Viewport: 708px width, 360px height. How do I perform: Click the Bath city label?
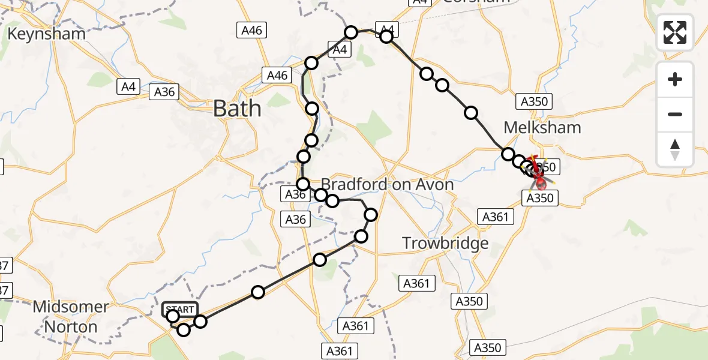238,109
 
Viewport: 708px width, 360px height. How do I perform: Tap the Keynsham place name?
46,34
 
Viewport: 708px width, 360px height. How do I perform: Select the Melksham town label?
542,127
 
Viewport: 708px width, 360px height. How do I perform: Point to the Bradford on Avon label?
388,184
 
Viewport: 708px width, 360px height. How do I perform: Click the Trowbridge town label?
445,243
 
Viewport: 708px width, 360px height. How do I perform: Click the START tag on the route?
180,310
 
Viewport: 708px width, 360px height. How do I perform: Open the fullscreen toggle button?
675,32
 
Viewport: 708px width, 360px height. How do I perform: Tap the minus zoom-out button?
675,114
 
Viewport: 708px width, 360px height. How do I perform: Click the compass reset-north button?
675,149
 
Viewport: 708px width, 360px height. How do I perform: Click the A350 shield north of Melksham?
534,101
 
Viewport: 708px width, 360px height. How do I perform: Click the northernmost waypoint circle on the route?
351,32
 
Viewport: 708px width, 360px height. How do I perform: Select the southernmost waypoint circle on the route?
184,329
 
